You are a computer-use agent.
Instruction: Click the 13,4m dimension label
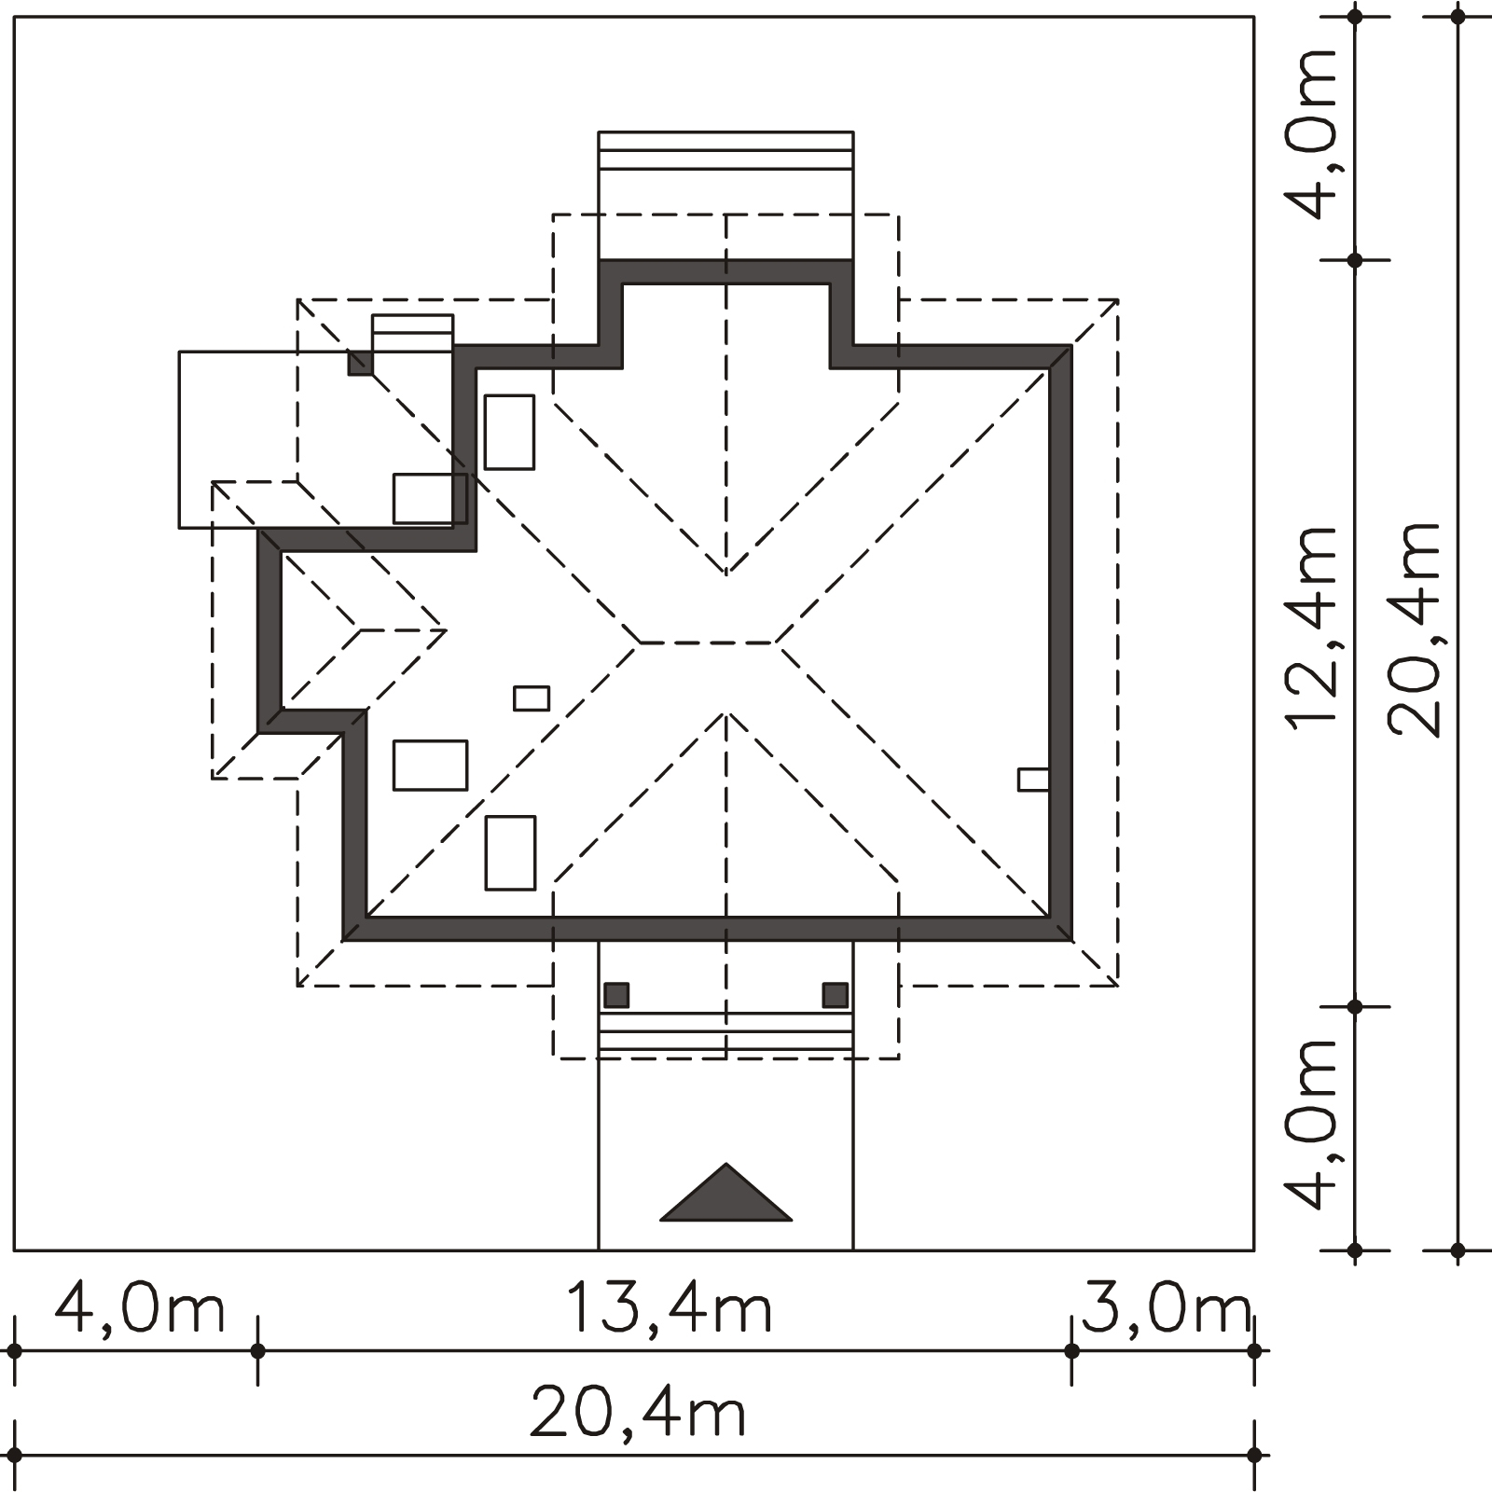coord(670,1307)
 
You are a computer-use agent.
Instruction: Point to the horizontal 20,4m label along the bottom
coord(638,1413)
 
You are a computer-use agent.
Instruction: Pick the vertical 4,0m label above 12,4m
coord(1312,132)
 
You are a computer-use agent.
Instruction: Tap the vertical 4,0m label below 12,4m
coord(1312,1124)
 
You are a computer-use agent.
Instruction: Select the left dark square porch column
coord(616,995)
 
